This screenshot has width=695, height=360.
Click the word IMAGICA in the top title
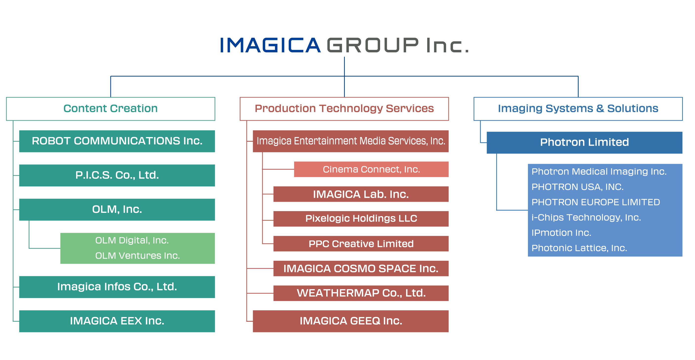pos(270,45)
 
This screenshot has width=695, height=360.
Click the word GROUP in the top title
pos(373,45)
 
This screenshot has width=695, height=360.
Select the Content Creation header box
pos(111,109)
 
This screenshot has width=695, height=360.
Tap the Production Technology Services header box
pos(344,109)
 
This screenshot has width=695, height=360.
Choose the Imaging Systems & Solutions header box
pos(578,109)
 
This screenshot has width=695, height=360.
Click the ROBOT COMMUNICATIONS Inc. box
pos(117,141)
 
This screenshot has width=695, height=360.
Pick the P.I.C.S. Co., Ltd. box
pos(117,175)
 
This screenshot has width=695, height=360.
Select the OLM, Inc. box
pos(117,210)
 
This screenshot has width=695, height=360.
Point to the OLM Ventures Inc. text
pos(138,256)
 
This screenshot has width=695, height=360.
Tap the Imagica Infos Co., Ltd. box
pos(117,287)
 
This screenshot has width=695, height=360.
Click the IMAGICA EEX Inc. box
pos(117,321)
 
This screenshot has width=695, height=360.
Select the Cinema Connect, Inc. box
pos(371,169)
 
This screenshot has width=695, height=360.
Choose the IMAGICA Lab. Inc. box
pos(361,194)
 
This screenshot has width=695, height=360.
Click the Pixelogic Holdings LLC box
pos(361,219)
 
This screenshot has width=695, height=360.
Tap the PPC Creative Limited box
pos(361,244)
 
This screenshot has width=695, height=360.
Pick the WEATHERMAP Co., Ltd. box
pos(361,293)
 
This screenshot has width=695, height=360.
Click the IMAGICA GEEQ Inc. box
pos(351,321)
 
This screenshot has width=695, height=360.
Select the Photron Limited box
pos(584,142)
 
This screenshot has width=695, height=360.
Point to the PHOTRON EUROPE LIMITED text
pos(596,202)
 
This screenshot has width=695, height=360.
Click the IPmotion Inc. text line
pos(561,233)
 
